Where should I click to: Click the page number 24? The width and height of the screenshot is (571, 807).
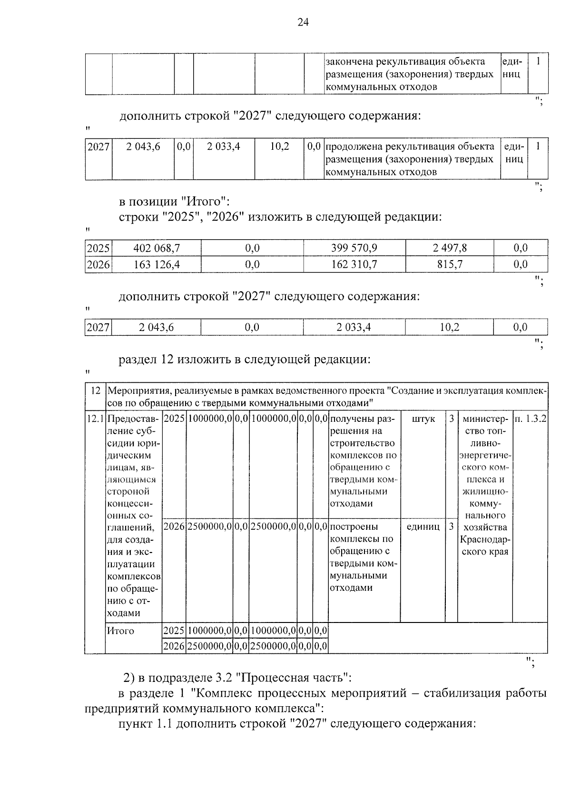(303, 22)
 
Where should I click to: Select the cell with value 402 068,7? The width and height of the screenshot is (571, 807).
(157, 248)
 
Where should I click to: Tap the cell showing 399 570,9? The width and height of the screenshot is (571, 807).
(354, 248)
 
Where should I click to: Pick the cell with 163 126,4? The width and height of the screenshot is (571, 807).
(157, 264)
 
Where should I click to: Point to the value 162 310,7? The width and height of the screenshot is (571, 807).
(354, 264)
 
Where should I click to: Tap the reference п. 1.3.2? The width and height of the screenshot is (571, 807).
(530, 419)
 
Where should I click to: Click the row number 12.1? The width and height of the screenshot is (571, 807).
(95, 419)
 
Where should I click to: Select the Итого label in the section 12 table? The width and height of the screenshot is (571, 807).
(120, 631)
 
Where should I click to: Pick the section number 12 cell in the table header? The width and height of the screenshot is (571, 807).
(95, 391)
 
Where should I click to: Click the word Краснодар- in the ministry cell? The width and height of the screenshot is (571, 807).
(485, 540)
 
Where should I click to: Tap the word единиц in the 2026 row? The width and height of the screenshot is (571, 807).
(423, 527)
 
